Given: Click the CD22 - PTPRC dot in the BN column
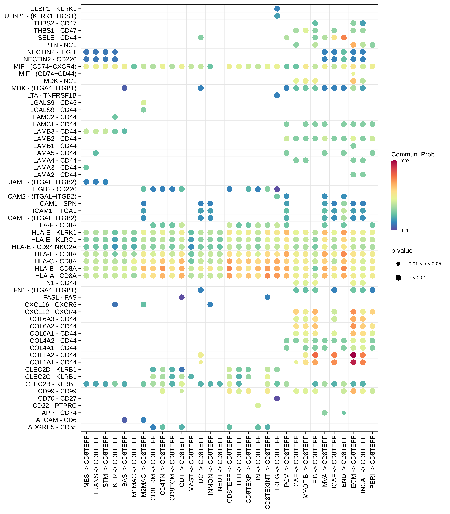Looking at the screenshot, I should coord(258,406).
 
